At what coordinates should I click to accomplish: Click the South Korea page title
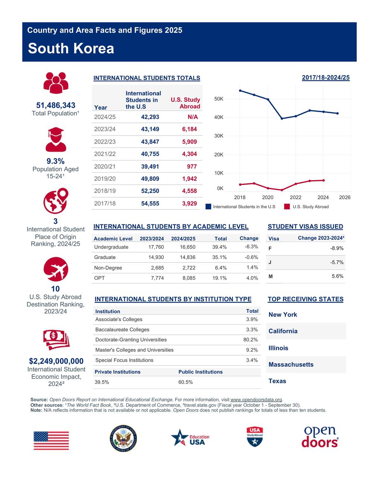71,49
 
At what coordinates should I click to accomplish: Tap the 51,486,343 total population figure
56,105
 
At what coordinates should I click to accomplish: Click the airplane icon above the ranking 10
56,269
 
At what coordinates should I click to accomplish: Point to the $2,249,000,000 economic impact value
56,361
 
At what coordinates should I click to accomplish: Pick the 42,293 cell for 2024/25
150,117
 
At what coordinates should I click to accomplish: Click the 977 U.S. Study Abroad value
192,166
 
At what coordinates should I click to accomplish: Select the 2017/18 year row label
105,203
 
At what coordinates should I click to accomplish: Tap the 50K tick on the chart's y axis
219,99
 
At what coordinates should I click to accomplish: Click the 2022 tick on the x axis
296,197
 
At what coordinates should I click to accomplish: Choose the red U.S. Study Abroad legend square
287,207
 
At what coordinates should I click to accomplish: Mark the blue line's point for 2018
240,90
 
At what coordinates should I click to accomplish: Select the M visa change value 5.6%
337,276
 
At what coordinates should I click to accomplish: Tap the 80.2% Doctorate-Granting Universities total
250,340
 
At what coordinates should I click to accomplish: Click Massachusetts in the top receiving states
291,365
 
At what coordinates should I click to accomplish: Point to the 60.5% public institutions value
185,382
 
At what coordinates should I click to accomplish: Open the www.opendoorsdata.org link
256,400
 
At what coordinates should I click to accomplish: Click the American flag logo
51,440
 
